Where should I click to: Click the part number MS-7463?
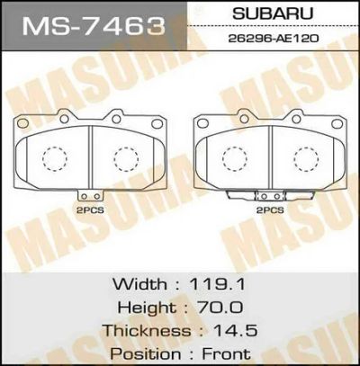click(x=94, y=26)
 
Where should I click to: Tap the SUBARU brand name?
click(x=273, y=13)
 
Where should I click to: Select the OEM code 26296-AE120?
click(x=274, y=39)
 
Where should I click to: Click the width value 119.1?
click(x=217, y=284)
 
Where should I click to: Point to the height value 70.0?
click(x=220, y=307)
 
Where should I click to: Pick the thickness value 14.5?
click(x=235, y=330)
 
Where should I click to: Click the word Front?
click(x=226, y=353)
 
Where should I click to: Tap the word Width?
click(x=139, y=284)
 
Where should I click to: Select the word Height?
click(x=147, y=308)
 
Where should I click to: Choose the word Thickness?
click(x=147, y=330)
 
